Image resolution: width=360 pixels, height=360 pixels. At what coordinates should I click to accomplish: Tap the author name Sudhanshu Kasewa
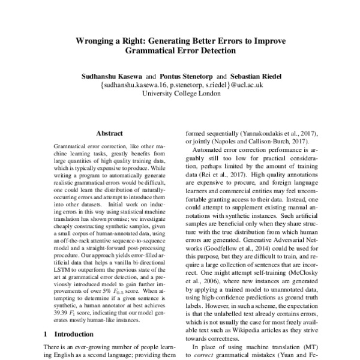(x=110, y=76)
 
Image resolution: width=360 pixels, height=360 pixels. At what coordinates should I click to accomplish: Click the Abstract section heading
(x=109, y=135)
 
